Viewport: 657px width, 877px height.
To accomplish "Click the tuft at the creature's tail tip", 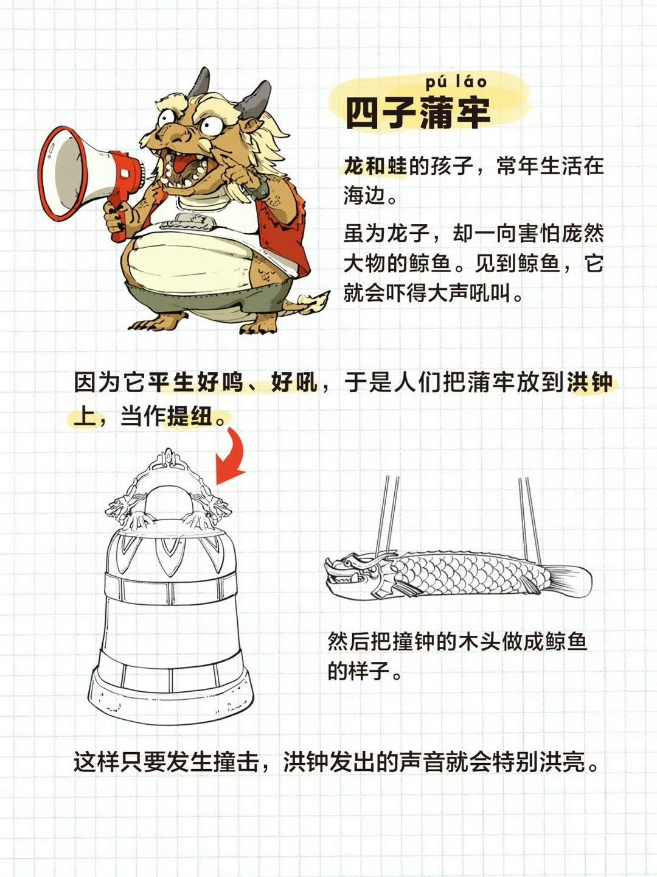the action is pyautogui.click(x=315, y=300).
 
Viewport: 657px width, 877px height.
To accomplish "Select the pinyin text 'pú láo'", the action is pyautogui.click(x=456, y=82).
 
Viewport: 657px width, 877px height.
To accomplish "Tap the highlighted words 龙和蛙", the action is pyautogui.click(x=375, y=166).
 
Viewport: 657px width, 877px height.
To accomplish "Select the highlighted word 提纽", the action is pyautogui.click(x=189, y=417).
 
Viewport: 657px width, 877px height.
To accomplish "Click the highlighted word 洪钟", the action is pyautogui.click(x=589, y=382).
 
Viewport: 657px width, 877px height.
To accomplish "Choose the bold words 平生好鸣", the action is pyautogui.click(x=195, y=382).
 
